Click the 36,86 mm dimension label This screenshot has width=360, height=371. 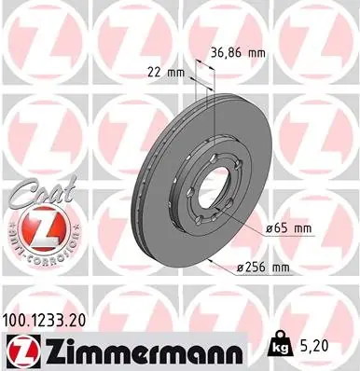tap(238, 53)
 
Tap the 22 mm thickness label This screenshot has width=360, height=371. tap(166, 73)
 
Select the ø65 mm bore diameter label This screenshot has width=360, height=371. tap(289, 229)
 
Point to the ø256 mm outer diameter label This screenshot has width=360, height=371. tap(263, 268)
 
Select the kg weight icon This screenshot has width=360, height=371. tap(282, 345)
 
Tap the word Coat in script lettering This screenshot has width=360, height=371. tap(42, 192)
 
